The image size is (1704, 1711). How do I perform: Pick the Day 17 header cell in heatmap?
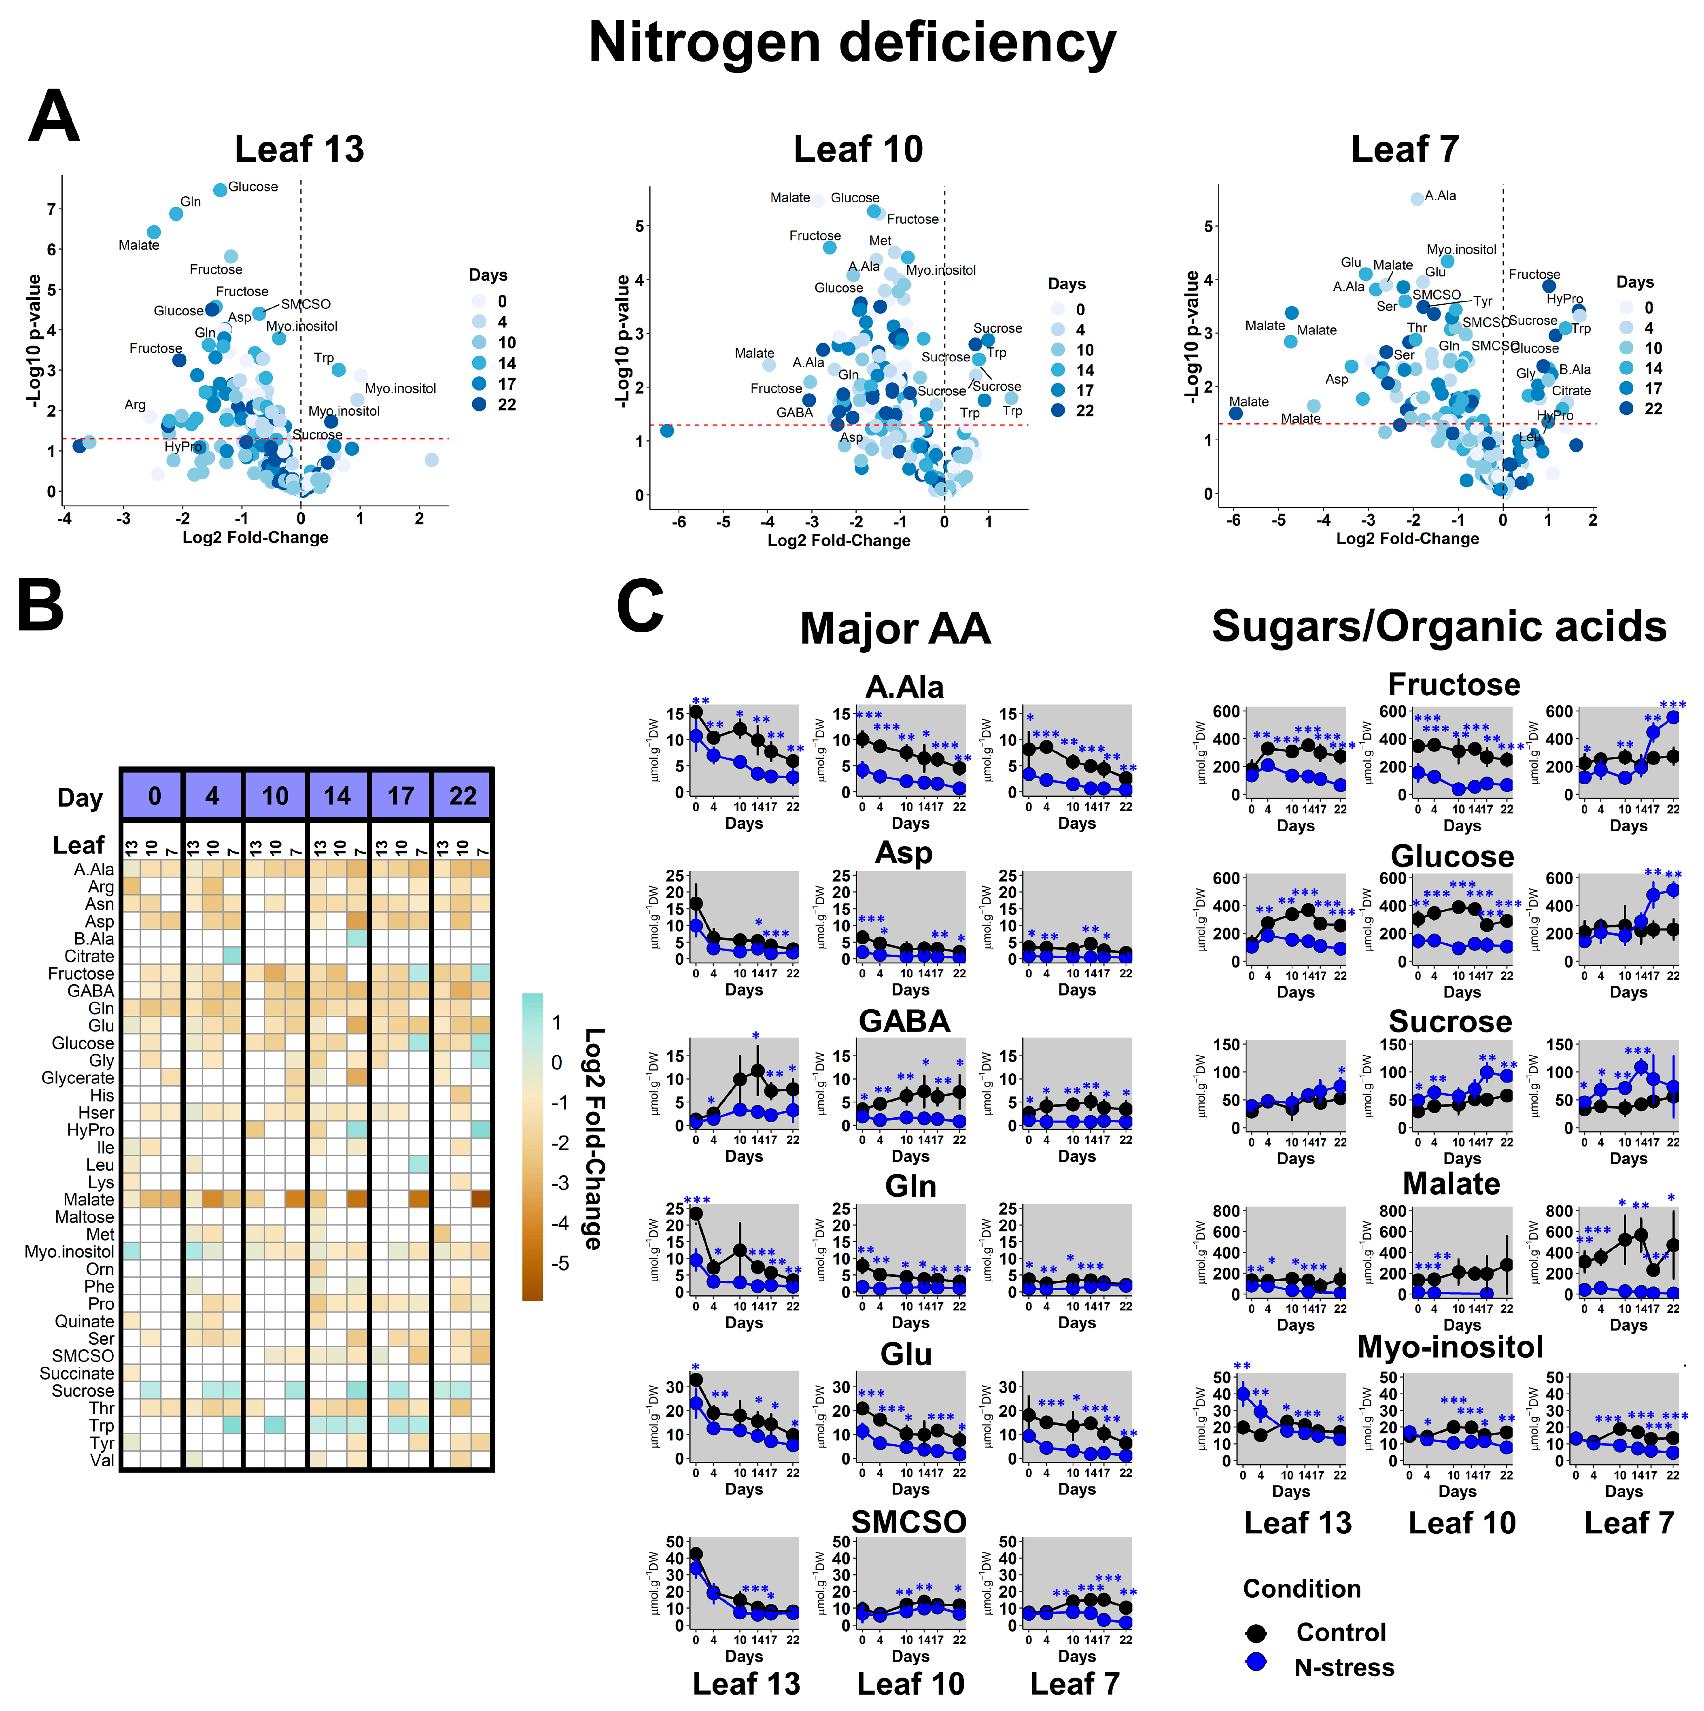tap(400, 796)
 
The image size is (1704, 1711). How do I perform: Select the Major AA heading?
tap(895, 629)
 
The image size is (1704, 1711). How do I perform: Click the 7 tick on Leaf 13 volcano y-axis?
tap(51, 209)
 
